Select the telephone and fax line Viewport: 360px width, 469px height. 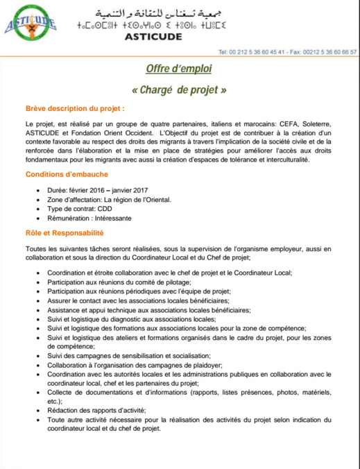pos(287,51)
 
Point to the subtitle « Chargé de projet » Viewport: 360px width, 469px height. pos(178,91)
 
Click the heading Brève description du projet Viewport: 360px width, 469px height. pos(75,110)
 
